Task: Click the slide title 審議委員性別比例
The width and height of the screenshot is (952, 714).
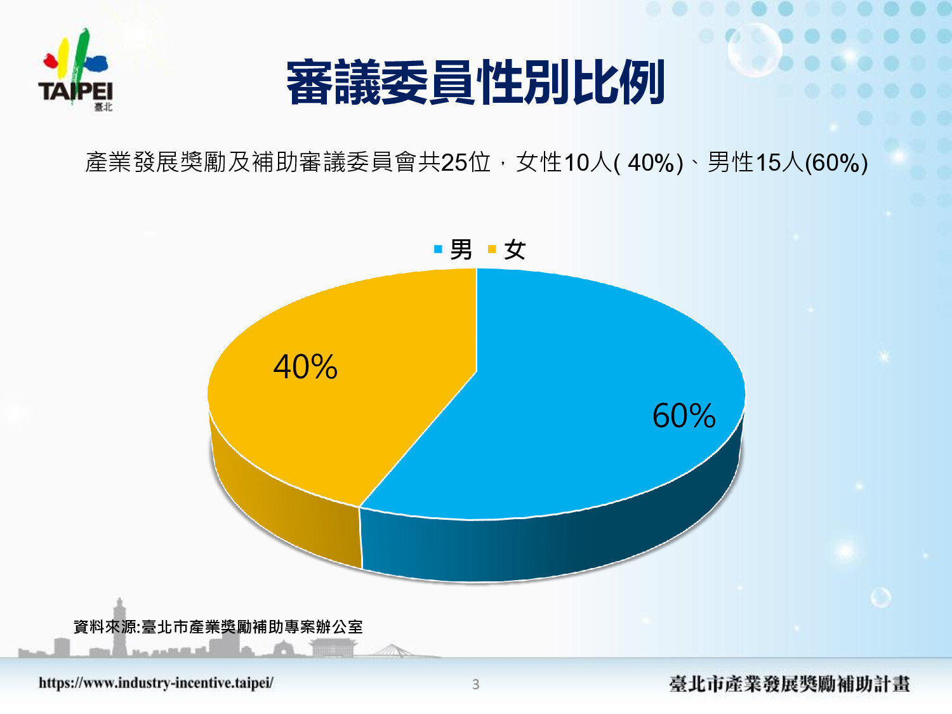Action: [475, 82]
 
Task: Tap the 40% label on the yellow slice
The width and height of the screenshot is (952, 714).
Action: [305, 367]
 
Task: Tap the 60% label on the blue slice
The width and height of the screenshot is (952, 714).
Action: [684, 415]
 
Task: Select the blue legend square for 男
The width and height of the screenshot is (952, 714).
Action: [438, 249]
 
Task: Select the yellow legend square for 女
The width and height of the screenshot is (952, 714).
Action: [492, 249]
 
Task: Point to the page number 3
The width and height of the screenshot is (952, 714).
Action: [475, 684]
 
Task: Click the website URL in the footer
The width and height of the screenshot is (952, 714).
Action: [156, 683]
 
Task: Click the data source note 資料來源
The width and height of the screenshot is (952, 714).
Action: [218, 627]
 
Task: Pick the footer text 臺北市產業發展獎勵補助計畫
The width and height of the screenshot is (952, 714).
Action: [790, 684]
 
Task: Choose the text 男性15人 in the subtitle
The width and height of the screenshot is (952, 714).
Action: [755, 162]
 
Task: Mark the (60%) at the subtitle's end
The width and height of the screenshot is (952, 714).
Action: [836, 164]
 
